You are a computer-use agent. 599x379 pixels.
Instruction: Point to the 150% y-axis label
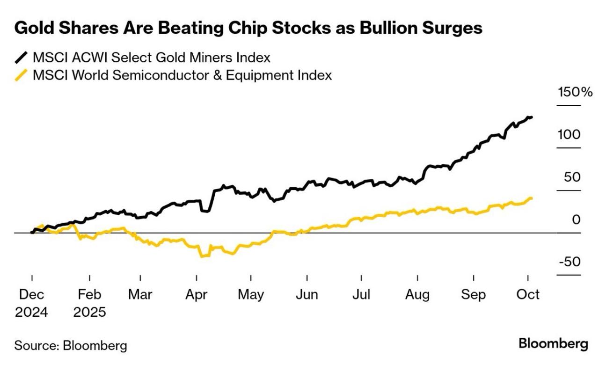pyautogui.click(x=575, y=92)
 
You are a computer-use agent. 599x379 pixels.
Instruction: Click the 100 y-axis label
pyautogui.click(x=570, y=135)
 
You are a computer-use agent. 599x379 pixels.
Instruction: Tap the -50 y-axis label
pyautogui.click(x=570, y=262)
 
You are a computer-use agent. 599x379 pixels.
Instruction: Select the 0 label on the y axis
pyautogui.click(x=577, y=219)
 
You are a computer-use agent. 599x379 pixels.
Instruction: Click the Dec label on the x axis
pyautogui.click(x=32, y=295)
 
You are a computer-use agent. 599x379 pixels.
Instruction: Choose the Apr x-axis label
pyautogui.click(x=197, y=295)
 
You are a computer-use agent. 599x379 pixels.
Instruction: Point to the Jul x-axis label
pyautogui.click(x=361, y=295)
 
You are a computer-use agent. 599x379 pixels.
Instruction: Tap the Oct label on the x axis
pyautogui.click(x=528, y=295)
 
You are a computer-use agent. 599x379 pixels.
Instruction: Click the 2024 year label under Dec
pyautogui.click(x=32, y=312)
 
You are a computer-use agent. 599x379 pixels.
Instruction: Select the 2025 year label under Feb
pyautogui.click(x=90, y=312)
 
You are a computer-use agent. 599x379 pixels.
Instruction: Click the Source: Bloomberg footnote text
pyautogui.click(x=71, y=346)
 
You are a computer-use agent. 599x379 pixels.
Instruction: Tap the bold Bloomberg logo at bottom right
pyautogui.click(x=553, y=344)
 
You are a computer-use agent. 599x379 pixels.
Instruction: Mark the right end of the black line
pyautogui.click(x=532, y=117)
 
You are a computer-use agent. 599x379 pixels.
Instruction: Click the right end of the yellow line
pyautogui.click(x=532, y=198)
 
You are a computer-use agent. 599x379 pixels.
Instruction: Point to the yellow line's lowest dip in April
pyautogui.click(x=202, y=256)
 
